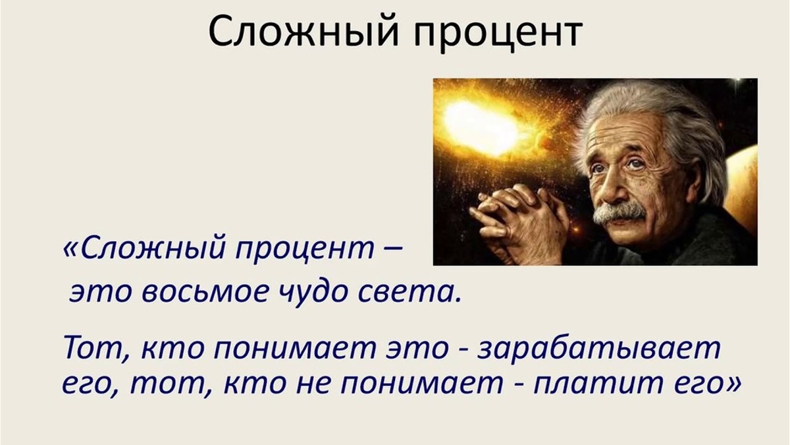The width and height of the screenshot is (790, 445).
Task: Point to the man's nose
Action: point(616,187)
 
